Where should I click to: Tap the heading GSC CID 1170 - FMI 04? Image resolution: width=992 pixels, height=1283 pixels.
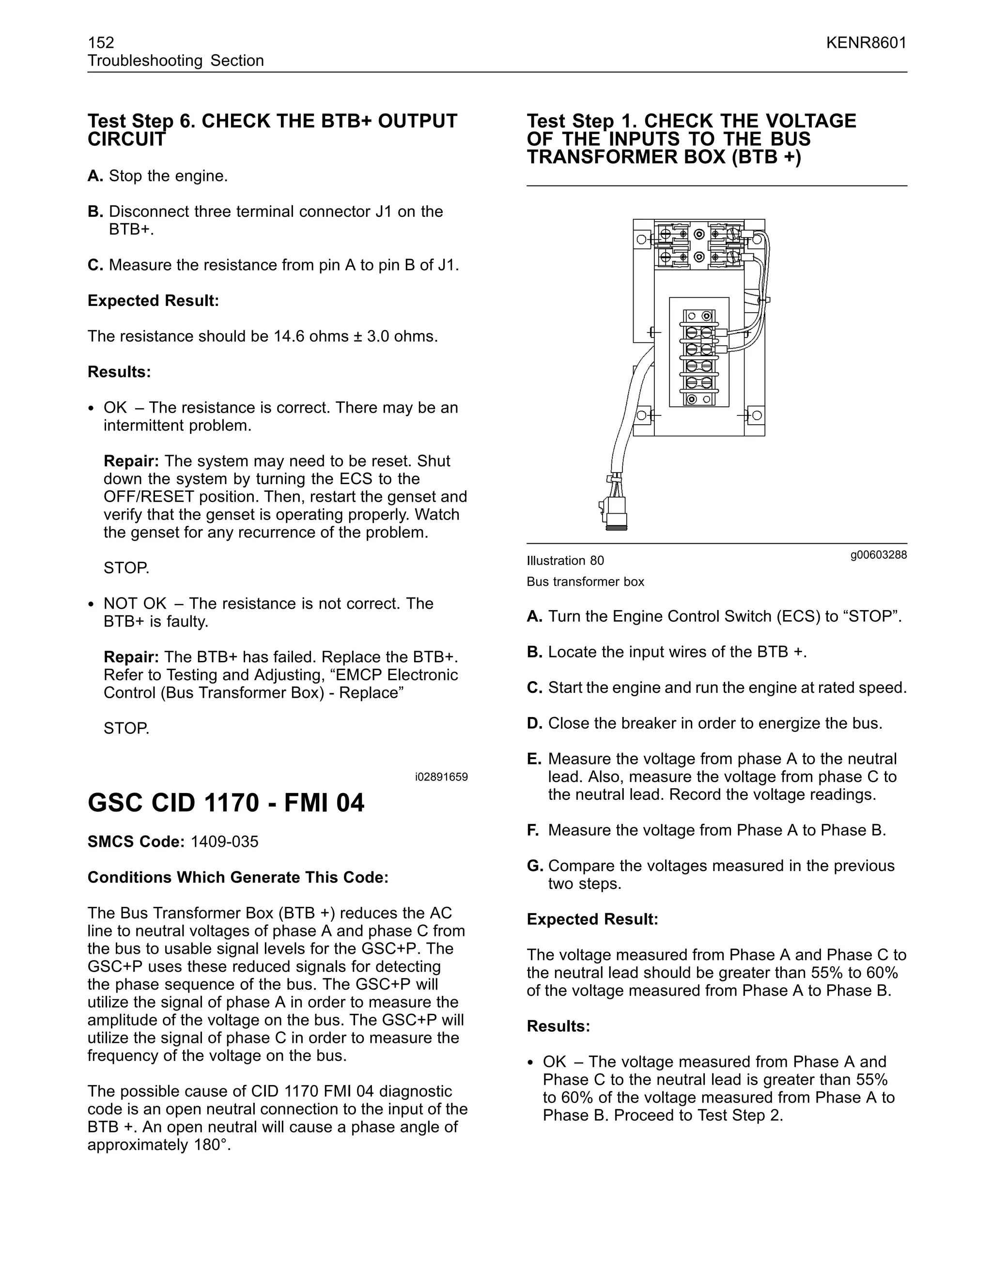(226, 803)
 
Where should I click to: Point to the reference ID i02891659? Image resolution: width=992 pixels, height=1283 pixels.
(441, 777)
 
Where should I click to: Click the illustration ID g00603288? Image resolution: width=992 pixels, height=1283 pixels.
(878, 554)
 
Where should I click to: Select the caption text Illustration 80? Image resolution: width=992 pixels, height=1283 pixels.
(565, 561)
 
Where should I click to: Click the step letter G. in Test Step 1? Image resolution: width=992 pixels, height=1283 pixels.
(534, 866)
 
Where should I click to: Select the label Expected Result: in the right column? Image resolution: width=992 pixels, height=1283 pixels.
(592, 919)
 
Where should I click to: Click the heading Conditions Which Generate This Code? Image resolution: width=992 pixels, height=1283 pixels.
(238, 878)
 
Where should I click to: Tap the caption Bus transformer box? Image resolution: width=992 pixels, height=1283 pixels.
(585, 582)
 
